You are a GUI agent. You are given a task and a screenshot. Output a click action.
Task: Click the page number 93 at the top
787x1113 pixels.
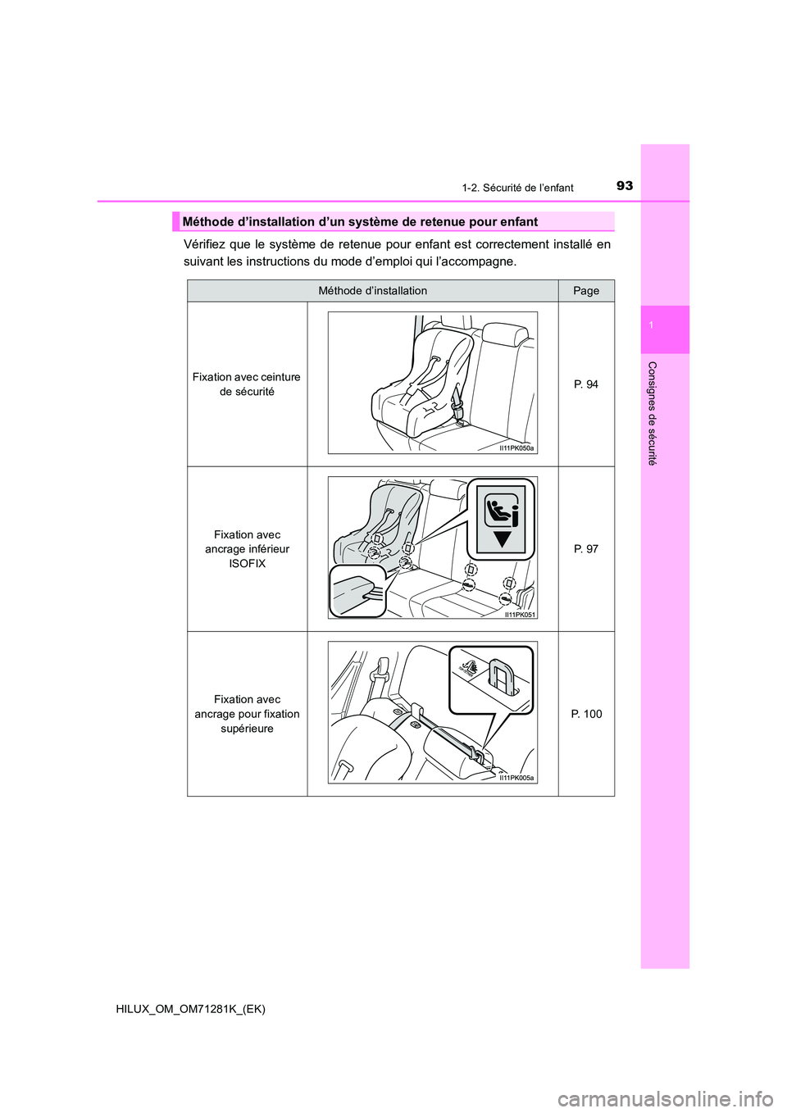[x=624, y=186]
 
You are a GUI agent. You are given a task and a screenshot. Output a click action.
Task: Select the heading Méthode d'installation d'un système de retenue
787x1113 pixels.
[x=360, y=222]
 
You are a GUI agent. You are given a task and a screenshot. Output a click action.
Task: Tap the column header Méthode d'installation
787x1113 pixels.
[x=372, y=291]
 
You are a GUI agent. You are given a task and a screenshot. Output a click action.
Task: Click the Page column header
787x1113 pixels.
[x=586, y=291]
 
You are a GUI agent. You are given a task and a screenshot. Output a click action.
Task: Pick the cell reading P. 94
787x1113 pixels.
[x=586, y=384]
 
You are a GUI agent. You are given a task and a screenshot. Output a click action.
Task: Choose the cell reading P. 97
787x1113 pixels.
[x=586, y=549]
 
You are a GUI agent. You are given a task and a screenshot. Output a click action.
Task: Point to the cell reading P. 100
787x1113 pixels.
[x=586, y=714]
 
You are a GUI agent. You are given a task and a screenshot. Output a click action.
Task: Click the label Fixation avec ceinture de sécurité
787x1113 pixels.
[x=247, y=384]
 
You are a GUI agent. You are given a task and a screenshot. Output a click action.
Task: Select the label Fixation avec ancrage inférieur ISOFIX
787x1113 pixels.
[x=247, y=549]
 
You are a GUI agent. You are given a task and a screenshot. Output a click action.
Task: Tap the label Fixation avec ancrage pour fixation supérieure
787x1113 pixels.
[x=247, y=714]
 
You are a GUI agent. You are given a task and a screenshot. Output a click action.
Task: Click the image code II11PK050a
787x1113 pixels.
[x=516, y=448]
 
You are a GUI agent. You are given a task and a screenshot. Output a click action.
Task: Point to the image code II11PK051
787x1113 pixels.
[x=519, y=614]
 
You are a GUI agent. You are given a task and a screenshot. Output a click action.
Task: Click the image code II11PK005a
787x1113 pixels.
[x=516, y=778]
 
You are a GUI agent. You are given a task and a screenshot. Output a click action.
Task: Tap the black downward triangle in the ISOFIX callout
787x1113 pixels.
[x=502, y=539]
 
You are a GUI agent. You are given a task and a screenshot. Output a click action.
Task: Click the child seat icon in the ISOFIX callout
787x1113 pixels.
[x=501, y=511]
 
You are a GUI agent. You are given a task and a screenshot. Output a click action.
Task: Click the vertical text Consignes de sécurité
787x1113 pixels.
[x=653, y=413]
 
